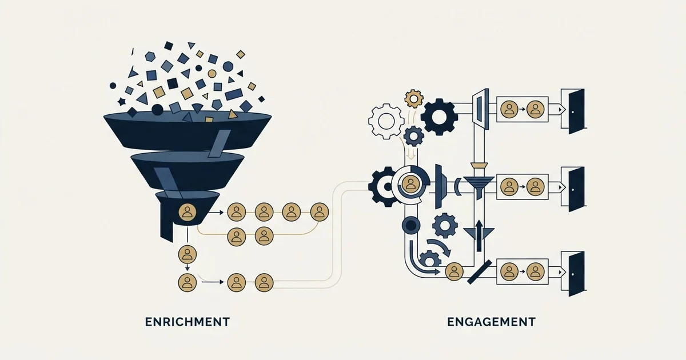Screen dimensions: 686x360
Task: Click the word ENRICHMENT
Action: (188, 322)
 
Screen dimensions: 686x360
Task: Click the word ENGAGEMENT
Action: (491, 322)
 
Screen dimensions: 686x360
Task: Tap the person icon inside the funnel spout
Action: (187, 213)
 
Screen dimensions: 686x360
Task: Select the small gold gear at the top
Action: (414, 98)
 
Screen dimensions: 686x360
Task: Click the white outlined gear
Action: (386, 121)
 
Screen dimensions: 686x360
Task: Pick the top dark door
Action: (576, 111)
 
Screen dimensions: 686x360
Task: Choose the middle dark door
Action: (576, 189)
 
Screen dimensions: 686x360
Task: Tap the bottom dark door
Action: (576, 274)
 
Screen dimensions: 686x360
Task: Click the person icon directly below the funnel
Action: (187, 254)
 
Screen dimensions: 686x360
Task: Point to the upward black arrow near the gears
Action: (478, 236)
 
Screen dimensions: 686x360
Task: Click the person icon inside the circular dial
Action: (410, 184)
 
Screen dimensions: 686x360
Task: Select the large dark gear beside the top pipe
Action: (439, 117)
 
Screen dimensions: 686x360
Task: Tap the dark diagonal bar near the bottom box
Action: (480, 272)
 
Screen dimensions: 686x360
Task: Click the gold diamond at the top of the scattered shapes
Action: (241, 54)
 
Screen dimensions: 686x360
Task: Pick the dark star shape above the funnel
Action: (122, 102)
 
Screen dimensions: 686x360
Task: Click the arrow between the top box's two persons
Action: (522, 109)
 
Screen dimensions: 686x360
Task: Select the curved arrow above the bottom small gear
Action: (440, 247)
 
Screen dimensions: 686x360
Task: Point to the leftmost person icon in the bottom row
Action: (187, 282)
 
